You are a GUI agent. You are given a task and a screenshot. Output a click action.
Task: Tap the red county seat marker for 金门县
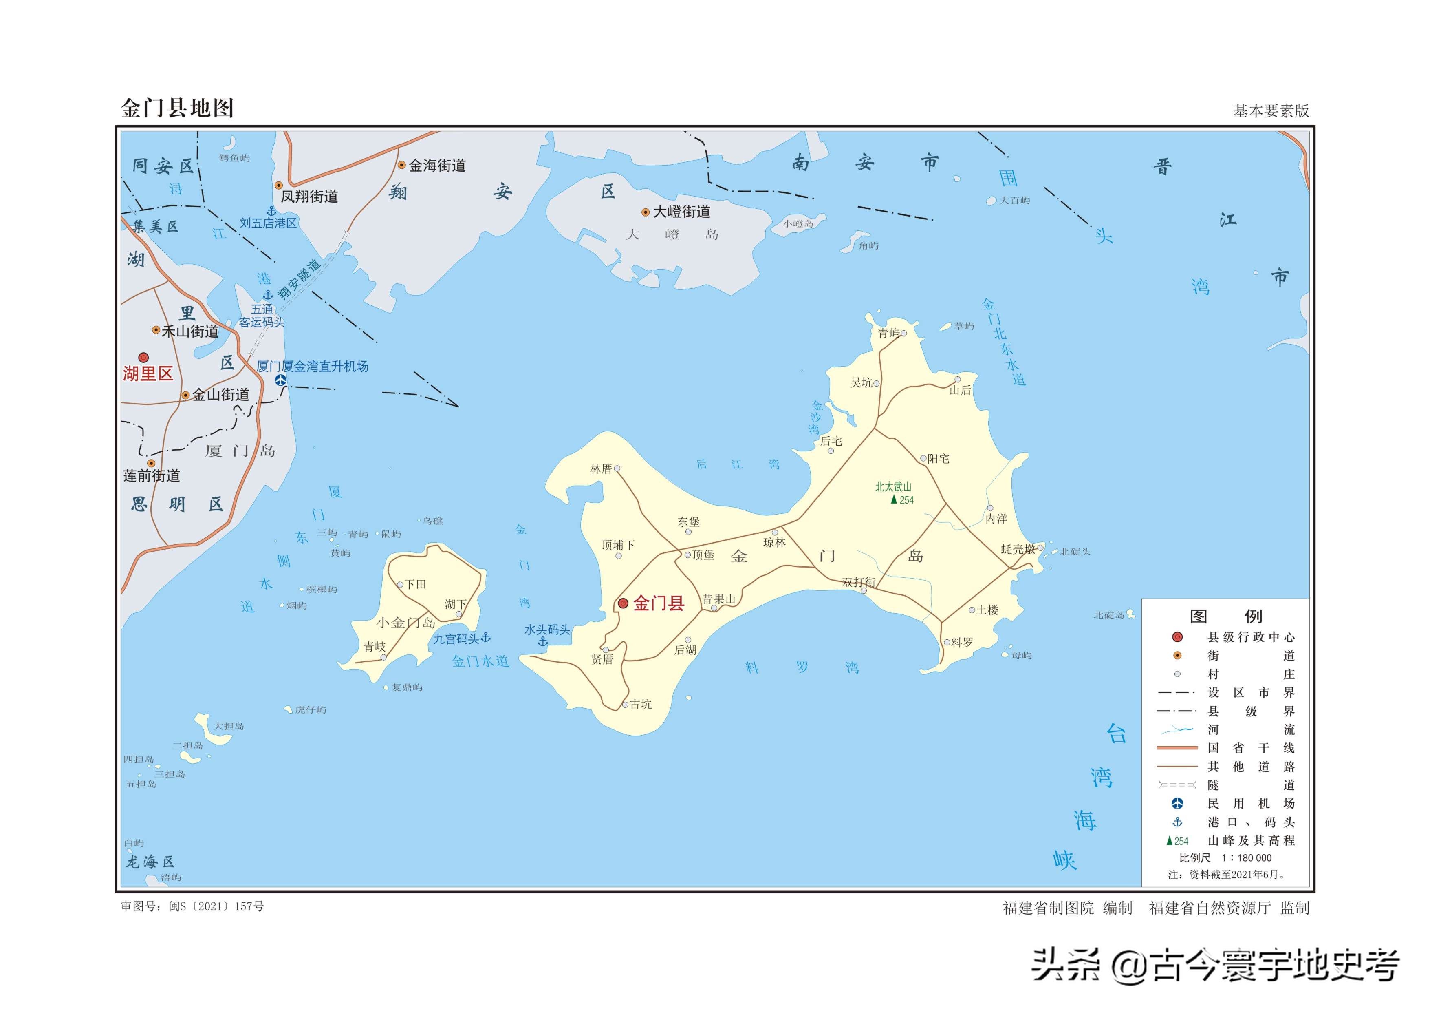pos(623,603)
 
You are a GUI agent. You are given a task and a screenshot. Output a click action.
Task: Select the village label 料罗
pos(962,643)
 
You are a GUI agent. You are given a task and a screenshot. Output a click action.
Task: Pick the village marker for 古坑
pos(625,705)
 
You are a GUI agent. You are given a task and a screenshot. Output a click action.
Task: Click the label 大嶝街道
pos(681,212)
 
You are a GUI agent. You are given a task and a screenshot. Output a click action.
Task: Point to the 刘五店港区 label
pos(269,223)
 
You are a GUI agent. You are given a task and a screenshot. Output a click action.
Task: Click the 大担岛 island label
pos(229,726)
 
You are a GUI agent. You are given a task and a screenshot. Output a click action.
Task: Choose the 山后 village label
pos(960,391)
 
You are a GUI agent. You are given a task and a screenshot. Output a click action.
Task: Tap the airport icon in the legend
pos(1177,803)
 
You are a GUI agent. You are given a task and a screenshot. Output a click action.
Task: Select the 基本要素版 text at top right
pos(1271,111)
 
